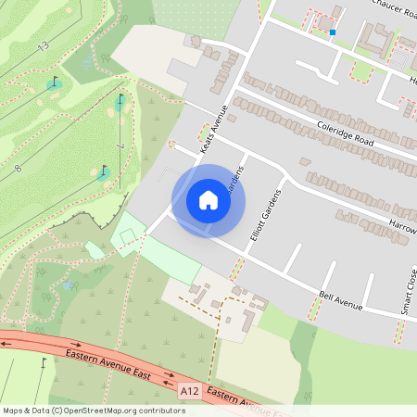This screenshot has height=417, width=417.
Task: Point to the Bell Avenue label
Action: point(338,300)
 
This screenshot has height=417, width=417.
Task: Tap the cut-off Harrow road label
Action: point(404,224)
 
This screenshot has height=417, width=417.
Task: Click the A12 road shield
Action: point(190,391)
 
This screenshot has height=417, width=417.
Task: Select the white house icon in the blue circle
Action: point(208,200)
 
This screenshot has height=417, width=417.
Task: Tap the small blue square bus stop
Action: point(332,33)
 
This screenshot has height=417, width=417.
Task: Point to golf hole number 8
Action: point(18,167)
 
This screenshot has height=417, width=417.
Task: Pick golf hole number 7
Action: point(120,146)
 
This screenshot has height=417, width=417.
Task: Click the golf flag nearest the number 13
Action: point(55,82)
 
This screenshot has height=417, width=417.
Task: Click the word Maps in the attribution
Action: point(13,411)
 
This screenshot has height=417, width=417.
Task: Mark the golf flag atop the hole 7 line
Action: point(120,98)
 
